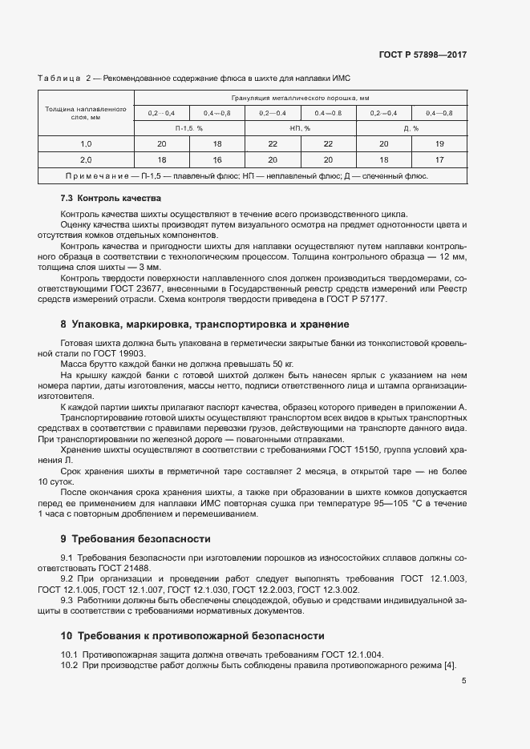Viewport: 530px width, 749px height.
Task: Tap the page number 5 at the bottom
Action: point(463,681)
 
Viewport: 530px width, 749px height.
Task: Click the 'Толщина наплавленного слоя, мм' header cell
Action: point(86,112)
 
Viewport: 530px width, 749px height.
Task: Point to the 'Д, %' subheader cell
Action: point(411,127)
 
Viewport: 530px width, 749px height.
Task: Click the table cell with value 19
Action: point(439,143)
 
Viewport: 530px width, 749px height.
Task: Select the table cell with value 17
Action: point(439,159)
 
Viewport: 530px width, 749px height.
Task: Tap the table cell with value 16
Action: point(216,159)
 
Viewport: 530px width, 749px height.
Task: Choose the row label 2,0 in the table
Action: point(86,159)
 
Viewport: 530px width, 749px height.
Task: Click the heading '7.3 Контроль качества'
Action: point(111,197)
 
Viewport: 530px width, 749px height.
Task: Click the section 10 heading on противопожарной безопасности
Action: point(192,635)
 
